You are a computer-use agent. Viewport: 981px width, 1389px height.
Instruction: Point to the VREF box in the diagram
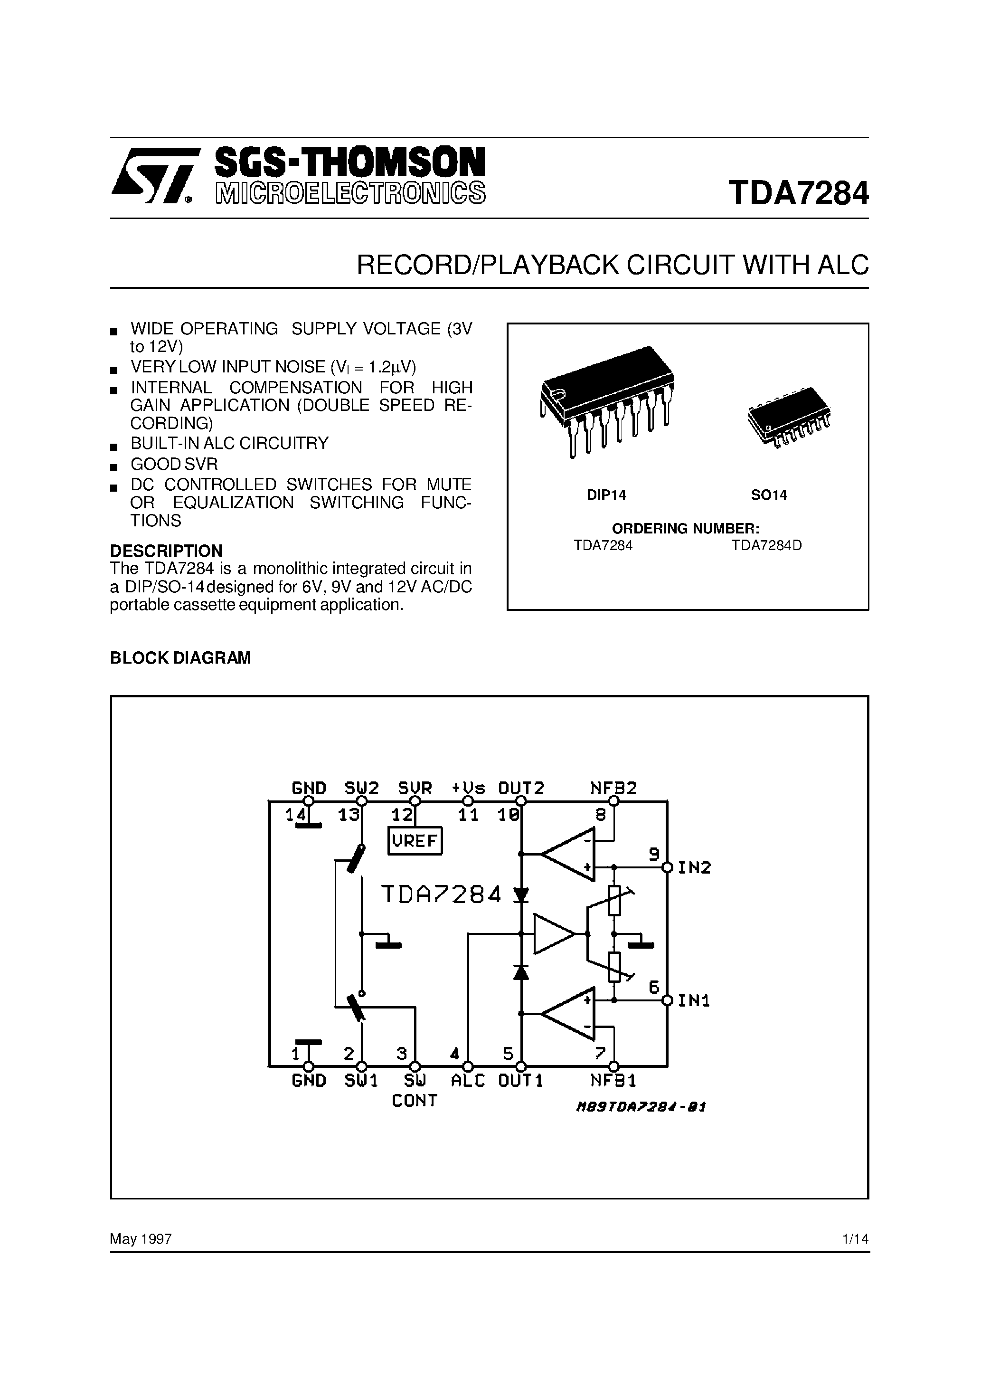click(415, 841)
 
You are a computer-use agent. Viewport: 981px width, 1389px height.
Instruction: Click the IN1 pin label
click(694, 1000)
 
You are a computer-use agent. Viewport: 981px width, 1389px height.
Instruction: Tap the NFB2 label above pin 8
click(613, 788)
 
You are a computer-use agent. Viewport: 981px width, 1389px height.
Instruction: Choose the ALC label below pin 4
click(468, 1081)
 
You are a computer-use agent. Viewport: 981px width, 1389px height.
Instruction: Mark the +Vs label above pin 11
click(469, 788)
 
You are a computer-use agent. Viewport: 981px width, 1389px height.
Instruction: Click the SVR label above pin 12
click(415, 788)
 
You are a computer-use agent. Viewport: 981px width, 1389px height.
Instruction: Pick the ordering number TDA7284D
click(766, 545)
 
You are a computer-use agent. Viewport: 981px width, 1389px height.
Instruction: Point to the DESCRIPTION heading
click(166, 551)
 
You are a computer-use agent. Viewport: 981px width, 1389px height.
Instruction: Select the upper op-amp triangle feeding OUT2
click(568, 854)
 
